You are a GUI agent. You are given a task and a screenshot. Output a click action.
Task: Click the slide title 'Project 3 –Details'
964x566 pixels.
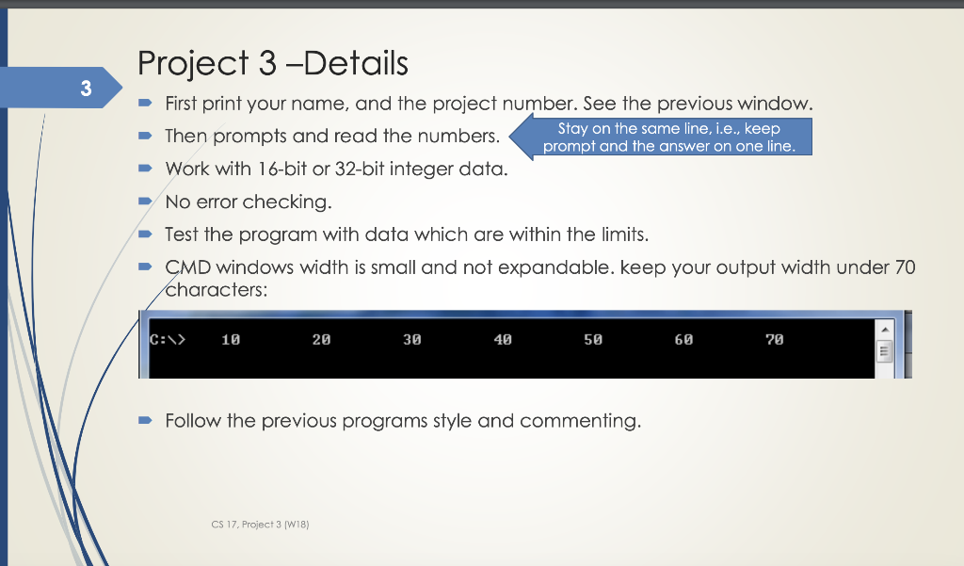click(273, 63)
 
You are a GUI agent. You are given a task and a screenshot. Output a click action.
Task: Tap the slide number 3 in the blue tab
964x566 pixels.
click(86, 90)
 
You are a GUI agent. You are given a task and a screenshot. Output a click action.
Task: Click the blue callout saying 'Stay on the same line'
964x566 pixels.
click(668, 137)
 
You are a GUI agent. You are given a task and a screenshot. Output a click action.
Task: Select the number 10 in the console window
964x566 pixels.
click(231, 339)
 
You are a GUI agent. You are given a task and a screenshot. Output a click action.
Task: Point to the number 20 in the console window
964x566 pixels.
click(321, 339)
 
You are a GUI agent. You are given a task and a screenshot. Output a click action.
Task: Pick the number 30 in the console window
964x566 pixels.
click(411, 339)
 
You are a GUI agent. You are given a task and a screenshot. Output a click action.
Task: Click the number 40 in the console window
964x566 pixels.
click(503, 339)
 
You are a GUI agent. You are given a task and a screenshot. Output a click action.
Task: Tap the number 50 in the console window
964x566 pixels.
click(593, 339)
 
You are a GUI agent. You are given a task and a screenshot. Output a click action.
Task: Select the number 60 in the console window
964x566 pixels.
click(683, 339)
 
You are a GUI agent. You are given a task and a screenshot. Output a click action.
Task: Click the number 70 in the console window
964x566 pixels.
click(774, 339)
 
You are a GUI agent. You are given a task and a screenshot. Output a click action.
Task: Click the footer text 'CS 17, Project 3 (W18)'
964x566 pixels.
click(261, 524)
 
